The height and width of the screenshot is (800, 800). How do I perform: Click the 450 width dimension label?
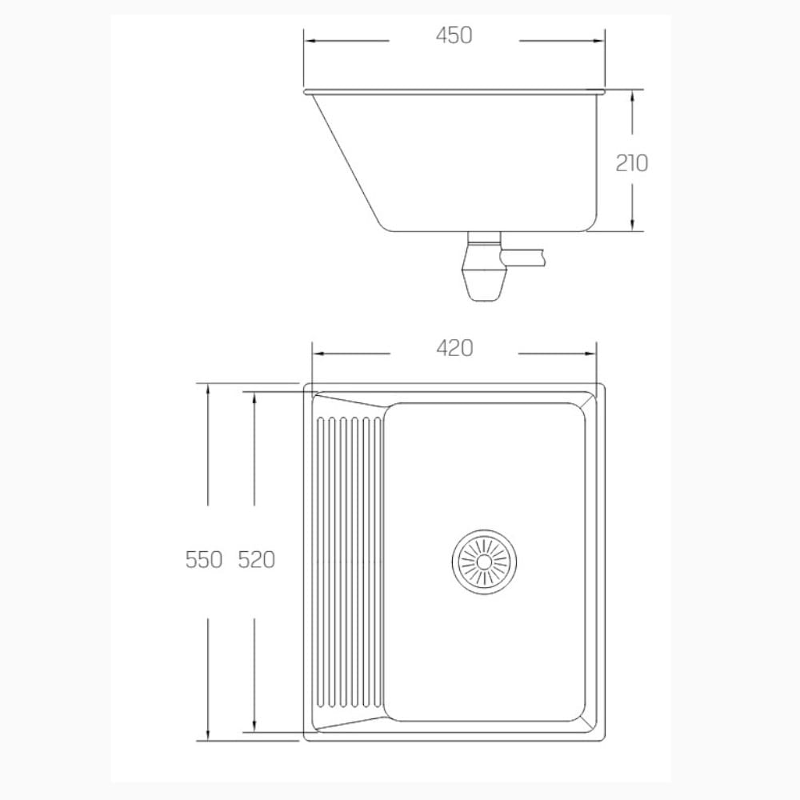454,36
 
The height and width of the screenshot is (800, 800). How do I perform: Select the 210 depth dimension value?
632,162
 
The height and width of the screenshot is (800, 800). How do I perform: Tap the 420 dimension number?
454,349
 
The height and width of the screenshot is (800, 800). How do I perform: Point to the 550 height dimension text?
203,560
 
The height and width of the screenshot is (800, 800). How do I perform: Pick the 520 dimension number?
257,560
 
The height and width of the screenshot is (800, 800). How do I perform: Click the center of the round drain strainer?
484,562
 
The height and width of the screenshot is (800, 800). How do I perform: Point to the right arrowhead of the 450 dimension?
597,41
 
